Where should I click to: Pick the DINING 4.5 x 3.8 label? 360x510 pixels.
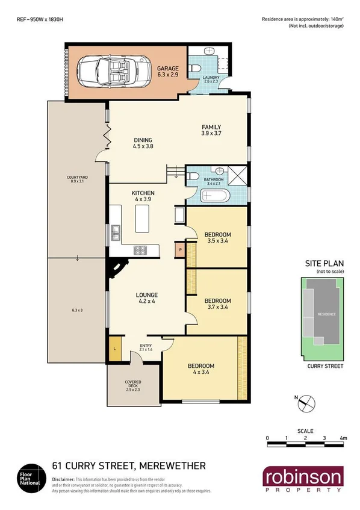(x=143, y=143)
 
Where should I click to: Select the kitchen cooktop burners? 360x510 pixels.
(x=141, y=249)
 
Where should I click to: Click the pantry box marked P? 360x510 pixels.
(x=180, y=249)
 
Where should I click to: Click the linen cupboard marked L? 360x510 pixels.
(x=114, y=347)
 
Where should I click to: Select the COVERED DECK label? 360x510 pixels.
(x=132, y=385)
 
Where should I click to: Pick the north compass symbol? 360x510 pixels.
(x=306, y=402)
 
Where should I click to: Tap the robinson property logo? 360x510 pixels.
(x=302, y=480)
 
